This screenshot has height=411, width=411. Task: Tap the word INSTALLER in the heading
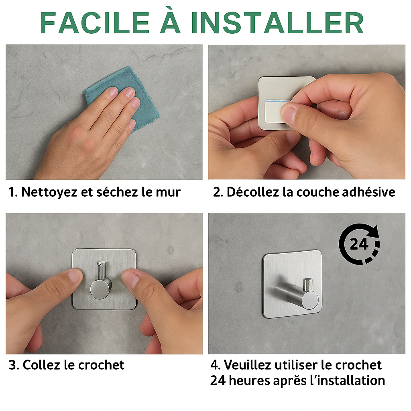[x=278, y=23]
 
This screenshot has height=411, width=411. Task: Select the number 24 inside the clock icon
[x=359, y=244]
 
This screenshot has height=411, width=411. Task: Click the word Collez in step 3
[x=42, y=365]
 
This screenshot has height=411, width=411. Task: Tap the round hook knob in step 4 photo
[x=310, y=300]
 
